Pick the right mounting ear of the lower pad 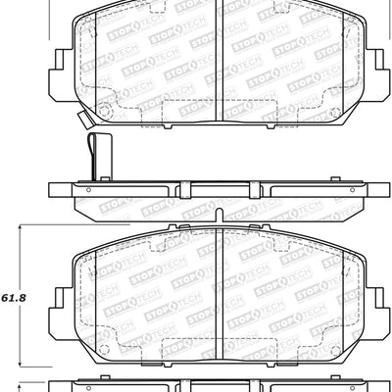click(x=373, y=295)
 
